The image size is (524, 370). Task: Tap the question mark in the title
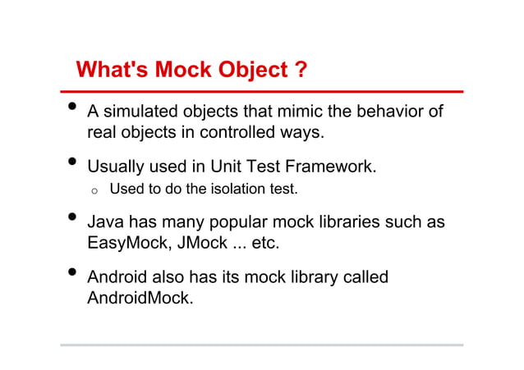(x=301, y=71)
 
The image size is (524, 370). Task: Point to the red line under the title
(x=263, y=91)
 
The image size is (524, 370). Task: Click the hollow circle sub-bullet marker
(x=94, y=192)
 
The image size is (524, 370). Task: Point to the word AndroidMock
(x=139, y=298)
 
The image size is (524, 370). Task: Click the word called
(x=365, y=277)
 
